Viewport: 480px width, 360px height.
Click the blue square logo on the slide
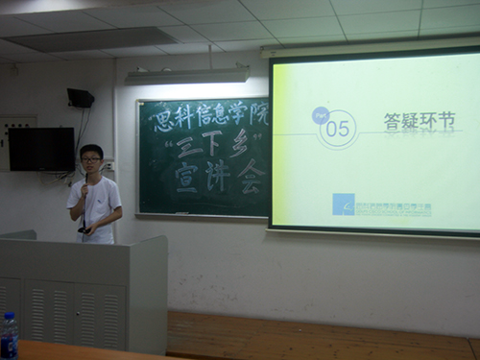coord(343,204)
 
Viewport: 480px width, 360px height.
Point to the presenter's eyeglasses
coord(91,158)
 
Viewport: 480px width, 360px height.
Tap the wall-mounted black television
coord(40,149)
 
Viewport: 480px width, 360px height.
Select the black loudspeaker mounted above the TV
coord(81,97)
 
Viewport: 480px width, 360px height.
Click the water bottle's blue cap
coord(9,318)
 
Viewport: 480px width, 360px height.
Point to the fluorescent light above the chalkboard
coord(188,73)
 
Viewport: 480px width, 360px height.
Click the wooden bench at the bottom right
coord(317,336)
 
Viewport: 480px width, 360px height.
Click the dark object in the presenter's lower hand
coord(83,228)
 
